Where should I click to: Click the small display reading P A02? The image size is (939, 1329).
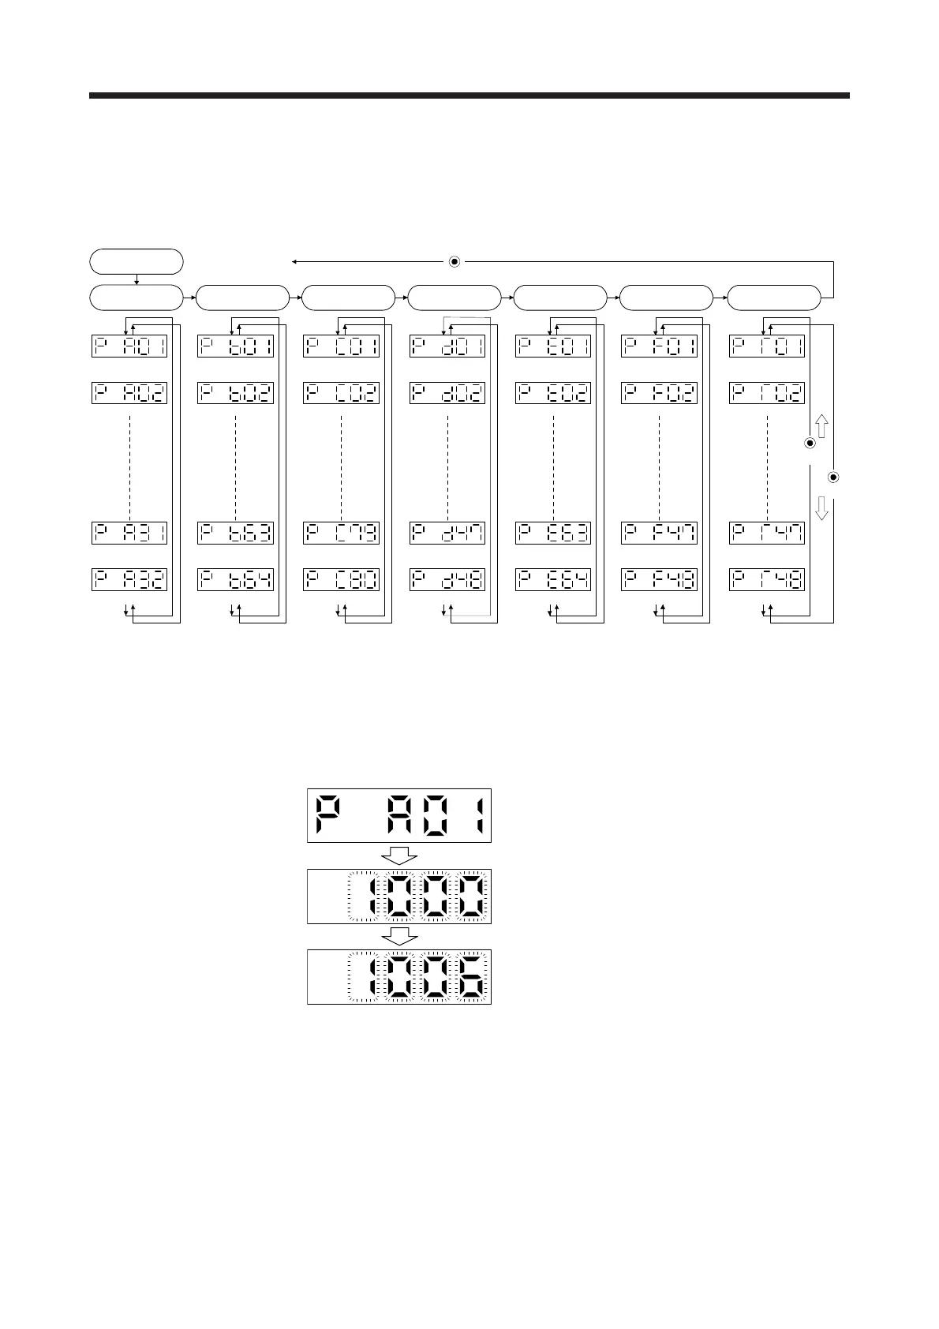129,393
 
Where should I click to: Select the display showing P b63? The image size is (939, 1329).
236,533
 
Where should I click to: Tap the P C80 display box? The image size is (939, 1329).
342,579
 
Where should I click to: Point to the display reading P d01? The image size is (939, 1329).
447,346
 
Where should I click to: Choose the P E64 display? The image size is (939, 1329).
553,579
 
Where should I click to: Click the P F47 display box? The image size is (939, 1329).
659,533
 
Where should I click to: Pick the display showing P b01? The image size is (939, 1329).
236,346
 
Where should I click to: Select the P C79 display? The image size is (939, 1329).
342,533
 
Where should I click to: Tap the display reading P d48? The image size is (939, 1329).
447,579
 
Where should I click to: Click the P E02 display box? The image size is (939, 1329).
553,393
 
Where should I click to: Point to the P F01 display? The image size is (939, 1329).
659,346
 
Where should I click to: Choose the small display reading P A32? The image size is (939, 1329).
129,579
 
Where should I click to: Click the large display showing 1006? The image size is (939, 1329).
399,976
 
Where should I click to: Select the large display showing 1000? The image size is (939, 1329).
399,896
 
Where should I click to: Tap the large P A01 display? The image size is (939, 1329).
399,815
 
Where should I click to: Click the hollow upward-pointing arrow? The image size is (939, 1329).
821,427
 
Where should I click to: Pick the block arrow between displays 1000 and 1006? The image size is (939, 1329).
399,936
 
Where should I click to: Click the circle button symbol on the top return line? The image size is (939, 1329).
455,261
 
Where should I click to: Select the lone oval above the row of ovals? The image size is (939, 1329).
137,260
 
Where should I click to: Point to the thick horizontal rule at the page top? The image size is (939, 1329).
469,95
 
